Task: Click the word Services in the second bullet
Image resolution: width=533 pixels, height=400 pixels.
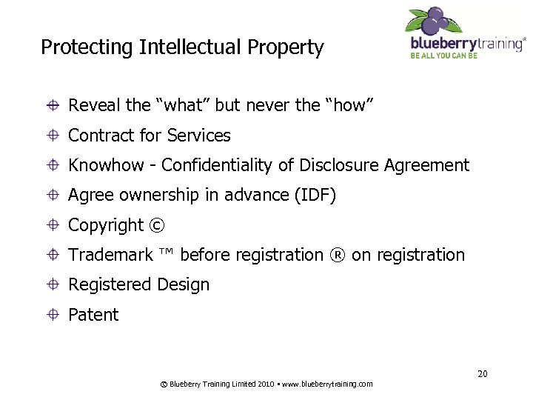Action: [199, 136]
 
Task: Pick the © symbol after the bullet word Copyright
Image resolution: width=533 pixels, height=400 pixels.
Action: [157, 225]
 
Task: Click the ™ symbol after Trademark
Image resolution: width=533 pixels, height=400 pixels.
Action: [166, 254]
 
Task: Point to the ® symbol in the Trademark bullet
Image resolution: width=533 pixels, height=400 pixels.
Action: [338, 256]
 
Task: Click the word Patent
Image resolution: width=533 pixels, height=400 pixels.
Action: [93, 315]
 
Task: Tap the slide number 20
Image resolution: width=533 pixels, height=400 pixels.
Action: [482, 373]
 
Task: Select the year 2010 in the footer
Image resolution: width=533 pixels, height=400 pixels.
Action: [266, 384]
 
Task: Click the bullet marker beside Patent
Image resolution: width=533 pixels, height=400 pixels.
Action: [55, 315]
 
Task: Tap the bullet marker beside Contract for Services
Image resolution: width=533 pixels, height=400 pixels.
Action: [55, 136]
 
